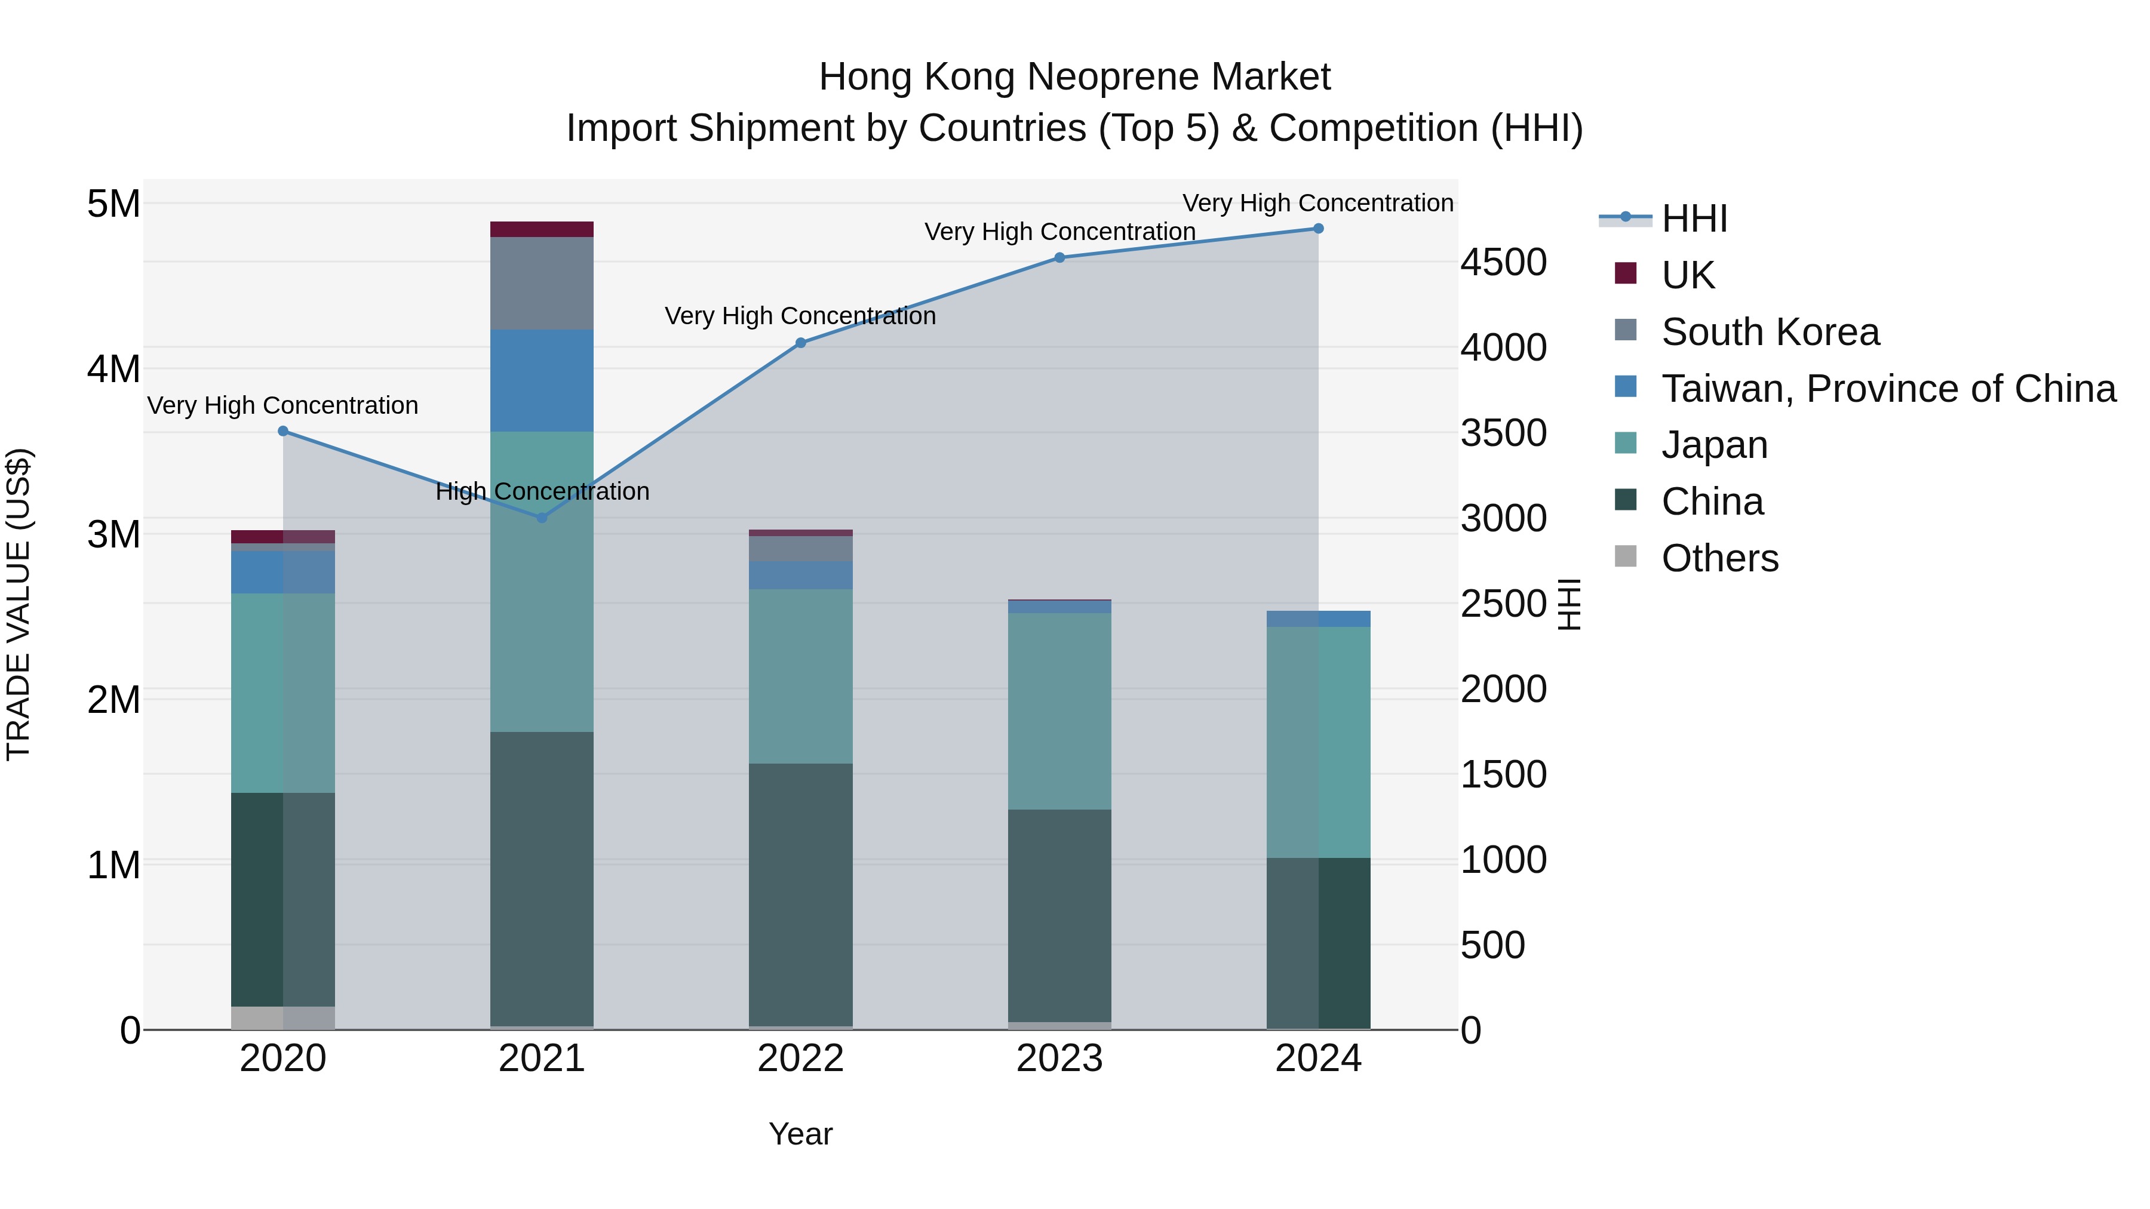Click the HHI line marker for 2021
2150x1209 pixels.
pos(542,517)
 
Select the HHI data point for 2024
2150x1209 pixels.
pos(1319,229)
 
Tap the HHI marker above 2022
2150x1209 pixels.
pos(800,343)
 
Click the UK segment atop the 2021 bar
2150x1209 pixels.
pos(542,229)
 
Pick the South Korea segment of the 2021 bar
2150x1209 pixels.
pos(542,284)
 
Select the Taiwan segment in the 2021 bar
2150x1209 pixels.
pos(542,380)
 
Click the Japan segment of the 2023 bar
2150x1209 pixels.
pos(1060,711)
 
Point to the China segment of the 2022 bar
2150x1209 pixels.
pos(800,894)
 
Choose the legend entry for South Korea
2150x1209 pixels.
pos(1770,332)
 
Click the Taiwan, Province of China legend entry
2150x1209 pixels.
pos(1888,389)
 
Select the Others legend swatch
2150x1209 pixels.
pos(1626,556)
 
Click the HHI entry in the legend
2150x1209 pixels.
pos(1694,219)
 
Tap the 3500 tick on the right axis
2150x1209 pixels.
pos(1503,433)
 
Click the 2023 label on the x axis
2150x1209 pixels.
pos(1060,1059)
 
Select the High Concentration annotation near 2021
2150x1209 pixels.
pos(542,491)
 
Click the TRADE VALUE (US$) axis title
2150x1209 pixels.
pos(19,604)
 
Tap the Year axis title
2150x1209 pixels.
pos(800,1134)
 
